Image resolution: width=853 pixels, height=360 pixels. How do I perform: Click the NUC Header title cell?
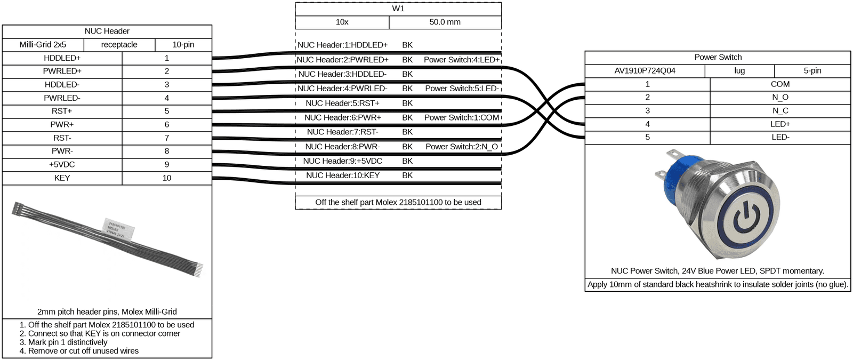107,31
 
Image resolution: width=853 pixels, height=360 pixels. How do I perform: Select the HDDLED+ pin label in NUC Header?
62,58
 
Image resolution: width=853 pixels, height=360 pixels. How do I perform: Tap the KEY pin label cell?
62,178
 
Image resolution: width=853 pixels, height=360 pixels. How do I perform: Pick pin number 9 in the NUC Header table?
167,165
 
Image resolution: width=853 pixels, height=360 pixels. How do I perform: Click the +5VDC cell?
62,165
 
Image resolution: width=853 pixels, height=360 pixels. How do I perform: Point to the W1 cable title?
398,9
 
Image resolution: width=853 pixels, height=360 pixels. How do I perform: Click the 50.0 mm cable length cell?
445,22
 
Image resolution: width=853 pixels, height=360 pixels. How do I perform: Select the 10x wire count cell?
342,22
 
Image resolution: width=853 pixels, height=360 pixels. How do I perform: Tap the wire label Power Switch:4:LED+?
462,60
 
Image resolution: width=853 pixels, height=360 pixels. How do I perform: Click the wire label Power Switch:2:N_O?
462,147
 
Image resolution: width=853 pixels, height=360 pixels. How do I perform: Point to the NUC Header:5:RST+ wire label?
343,103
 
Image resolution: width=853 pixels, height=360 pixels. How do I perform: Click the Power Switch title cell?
718,58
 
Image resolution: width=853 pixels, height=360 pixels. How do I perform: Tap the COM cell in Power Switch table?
780,84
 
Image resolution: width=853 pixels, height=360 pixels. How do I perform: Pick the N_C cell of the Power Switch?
780,111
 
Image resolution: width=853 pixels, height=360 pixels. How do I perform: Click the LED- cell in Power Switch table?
780,138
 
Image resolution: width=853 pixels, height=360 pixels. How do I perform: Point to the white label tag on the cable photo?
119,230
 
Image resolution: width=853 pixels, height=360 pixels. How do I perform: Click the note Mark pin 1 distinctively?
63,342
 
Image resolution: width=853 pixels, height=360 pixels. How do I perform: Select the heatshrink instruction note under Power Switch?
718,285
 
